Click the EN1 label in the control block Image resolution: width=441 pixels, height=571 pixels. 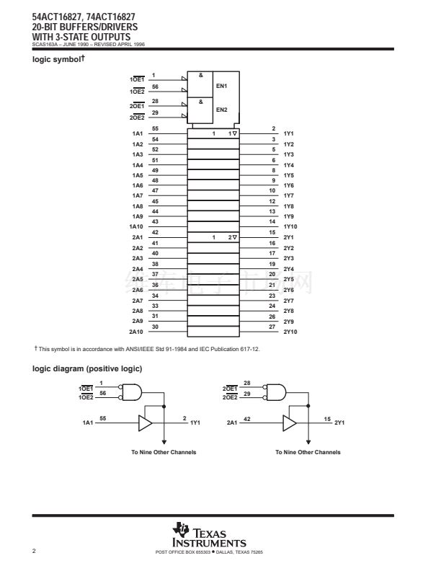click(222, 87)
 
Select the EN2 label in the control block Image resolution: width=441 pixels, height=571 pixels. click(222, 110)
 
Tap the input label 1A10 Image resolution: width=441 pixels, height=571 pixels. click(135, 227)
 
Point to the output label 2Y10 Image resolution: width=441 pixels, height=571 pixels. click(290, 332)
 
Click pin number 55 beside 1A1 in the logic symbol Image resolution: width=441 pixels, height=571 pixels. click(154, 128)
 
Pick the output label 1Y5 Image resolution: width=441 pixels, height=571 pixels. click(288, 175)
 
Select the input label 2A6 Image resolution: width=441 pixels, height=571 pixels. click(137, 290)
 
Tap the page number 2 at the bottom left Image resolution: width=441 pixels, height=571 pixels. click(34, 552)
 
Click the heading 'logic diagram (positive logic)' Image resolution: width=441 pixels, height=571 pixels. click(87, 369)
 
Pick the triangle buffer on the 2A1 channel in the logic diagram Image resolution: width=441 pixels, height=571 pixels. click(290, 422)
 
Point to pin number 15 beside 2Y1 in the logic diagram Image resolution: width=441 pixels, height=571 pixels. click(327, 418)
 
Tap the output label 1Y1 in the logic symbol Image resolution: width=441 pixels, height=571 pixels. click(288, 134)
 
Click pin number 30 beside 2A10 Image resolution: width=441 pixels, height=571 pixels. click(154, 327)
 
